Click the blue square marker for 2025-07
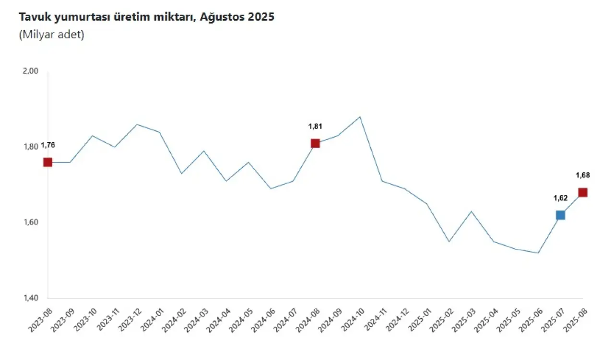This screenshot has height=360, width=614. point(560,215)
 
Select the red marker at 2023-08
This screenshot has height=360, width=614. point(47,162)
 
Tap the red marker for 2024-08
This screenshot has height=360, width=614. point(315,143)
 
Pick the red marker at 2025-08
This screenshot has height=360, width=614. point(583,192)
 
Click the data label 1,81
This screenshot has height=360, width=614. point(315,127)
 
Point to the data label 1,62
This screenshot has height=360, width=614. point(560,197)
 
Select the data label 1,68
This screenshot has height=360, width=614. point(583,175)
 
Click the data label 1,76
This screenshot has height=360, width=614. point(47,145)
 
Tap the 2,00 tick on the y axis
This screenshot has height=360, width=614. point(30,71)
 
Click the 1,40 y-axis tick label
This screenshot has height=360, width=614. point(30,299)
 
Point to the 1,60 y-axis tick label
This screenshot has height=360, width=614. point(30,222)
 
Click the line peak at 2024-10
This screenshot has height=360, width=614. point(360,116)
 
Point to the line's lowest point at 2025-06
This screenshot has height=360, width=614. point(538,253)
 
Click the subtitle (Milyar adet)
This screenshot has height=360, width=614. point(52,35)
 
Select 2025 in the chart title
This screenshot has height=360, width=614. point(261,17)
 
